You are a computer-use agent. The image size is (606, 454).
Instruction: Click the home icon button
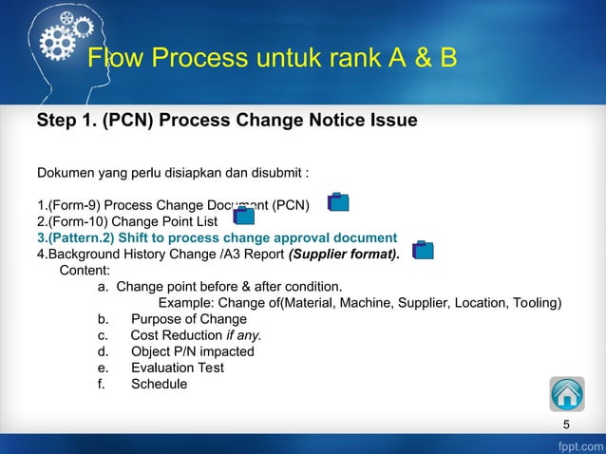click(x=566, y=394)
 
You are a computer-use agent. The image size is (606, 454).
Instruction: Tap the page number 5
click(x=567, y=425)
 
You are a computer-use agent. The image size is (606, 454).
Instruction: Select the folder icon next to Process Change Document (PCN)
click(x=338, y=201)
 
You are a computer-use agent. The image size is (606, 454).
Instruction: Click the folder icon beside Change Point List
click(x=244, y=217)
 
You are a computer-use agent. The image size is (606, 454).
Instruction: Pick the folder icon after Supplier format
click(x=423, y=250)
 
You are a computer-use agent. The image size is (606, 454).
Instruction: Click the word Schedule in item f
click(x=159, y=384)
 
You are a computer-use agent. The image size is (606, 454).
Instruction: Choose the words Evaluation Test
click(x=177, y=368)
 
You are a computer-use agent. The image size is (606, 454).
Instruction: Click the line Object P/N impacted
click(x=192, y=351)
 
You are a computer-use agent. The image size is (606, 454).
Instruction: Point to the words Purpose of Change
click(x=188, y=319)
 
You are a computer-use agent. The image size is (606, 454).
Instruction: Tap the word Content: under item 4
click(x=85, y=270)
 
